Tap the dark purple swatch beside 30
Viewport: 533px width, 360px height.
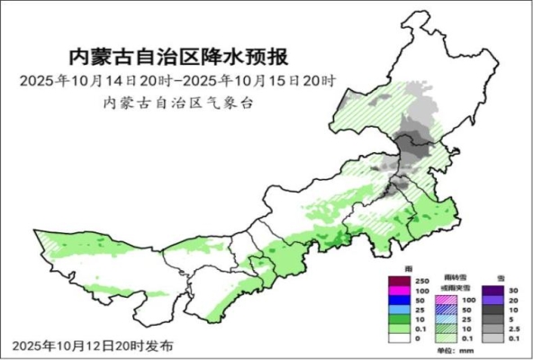click(493, 289)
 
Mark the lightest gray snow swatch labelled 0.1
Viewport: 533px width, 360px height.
click(493, 337)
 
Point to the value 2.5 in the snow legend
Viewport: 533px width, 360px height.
click(516, 328)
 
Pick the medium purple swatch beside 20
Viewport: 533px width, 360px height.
click(493, 299)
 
